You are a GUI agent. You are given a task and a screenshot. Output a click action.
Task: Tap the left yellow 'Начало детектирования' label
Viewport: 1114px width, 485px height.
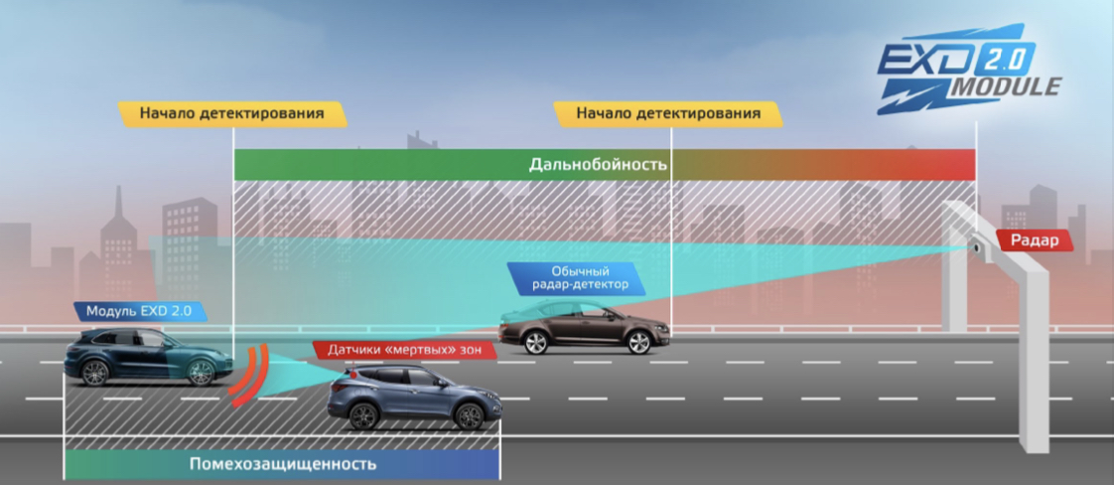point(232,113)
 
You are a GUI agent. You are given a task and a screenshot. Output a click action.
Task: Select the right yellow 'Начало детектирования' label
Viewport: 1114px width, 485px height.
point(669,113)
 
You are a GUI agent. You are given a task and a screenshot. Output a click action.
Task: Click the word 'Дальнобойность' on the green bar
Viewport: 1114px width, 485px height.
point(598,164)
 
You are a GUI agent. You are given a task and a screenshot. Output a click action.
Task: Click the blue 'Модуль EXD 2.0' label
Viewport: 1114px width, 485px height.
point(139,311)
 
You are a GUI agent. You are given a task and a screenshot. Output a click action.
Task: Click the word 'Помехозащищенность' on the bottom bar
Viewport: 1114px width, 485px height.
point(283,464)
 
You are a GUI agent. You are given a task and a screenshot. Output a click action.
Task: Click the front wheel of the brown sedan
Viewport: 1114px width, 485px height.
point(638,343)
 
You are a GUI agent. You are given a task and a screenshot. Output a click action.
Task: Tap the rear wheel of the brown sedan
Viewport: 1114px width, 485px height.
point(535,343)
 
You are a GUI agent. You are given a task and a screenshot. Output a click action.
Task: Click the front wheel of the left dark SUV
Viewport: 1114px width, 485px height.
point(201,373)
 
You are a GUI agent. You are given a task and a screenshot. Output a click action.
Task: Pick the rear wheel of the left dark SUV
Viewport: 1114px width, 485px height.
point(95,373)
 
